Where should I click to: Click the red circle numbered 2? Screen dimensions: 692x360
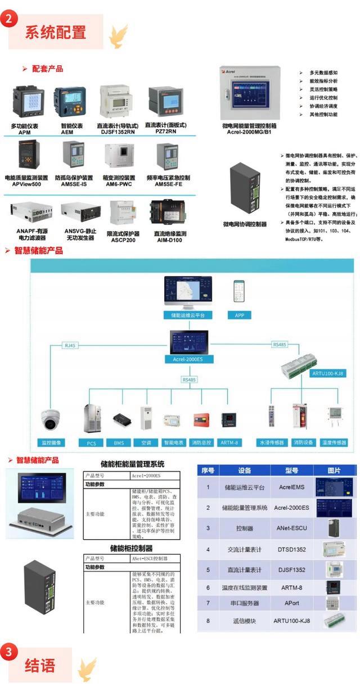click(8, 18)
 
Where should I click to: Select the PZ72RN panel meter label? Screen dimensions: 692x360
click(165, 128)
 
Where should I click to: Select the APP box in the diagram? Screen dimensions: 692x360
click(239, 315)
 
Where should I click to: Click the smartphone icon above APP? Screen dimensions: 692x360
click(240, 292)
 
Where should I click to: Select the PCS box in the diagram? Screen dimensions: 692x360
click(91, 443)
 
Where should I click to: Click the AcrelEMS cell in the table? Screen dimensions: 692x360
click(291, 487)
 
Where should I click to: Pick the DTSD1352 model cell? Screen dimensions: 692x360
click(291, 549)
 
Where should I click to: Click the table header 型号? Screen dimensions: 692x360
click(291, 470)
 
